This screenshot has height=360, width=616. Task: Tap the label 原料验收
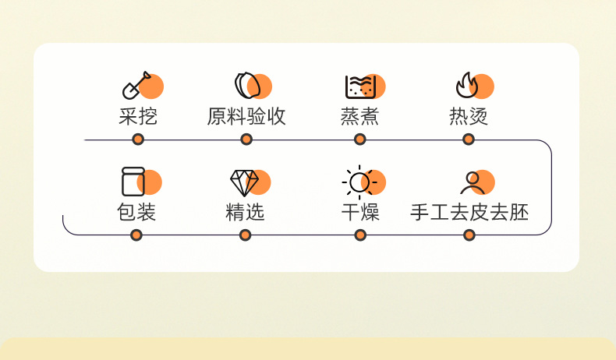coord(246,116)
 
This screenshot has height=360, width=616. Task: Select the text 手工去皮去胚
coord(469,213)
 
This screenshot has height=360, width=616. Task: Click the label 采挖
coord(138,116)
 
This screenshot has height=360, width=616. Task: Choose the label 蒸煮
coord(359,116)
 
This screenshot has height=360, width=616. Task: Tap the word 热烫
coord(469,116)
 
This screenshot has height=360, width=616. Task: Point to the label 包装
coord(136,213)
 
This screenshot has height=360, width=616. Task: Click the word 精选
coord(245,213)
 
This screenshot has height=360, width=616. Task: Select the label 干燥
coord(360,213)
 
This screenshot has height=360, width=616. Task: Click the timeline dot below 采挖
coord(138,139)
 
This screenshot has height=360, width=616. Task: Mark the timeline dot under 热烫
coord(469,139)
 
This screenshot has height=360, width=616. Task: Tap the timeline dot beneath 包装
coord(136,235)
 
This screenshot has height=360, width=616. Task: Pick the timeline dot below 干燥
coord(360,235)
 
